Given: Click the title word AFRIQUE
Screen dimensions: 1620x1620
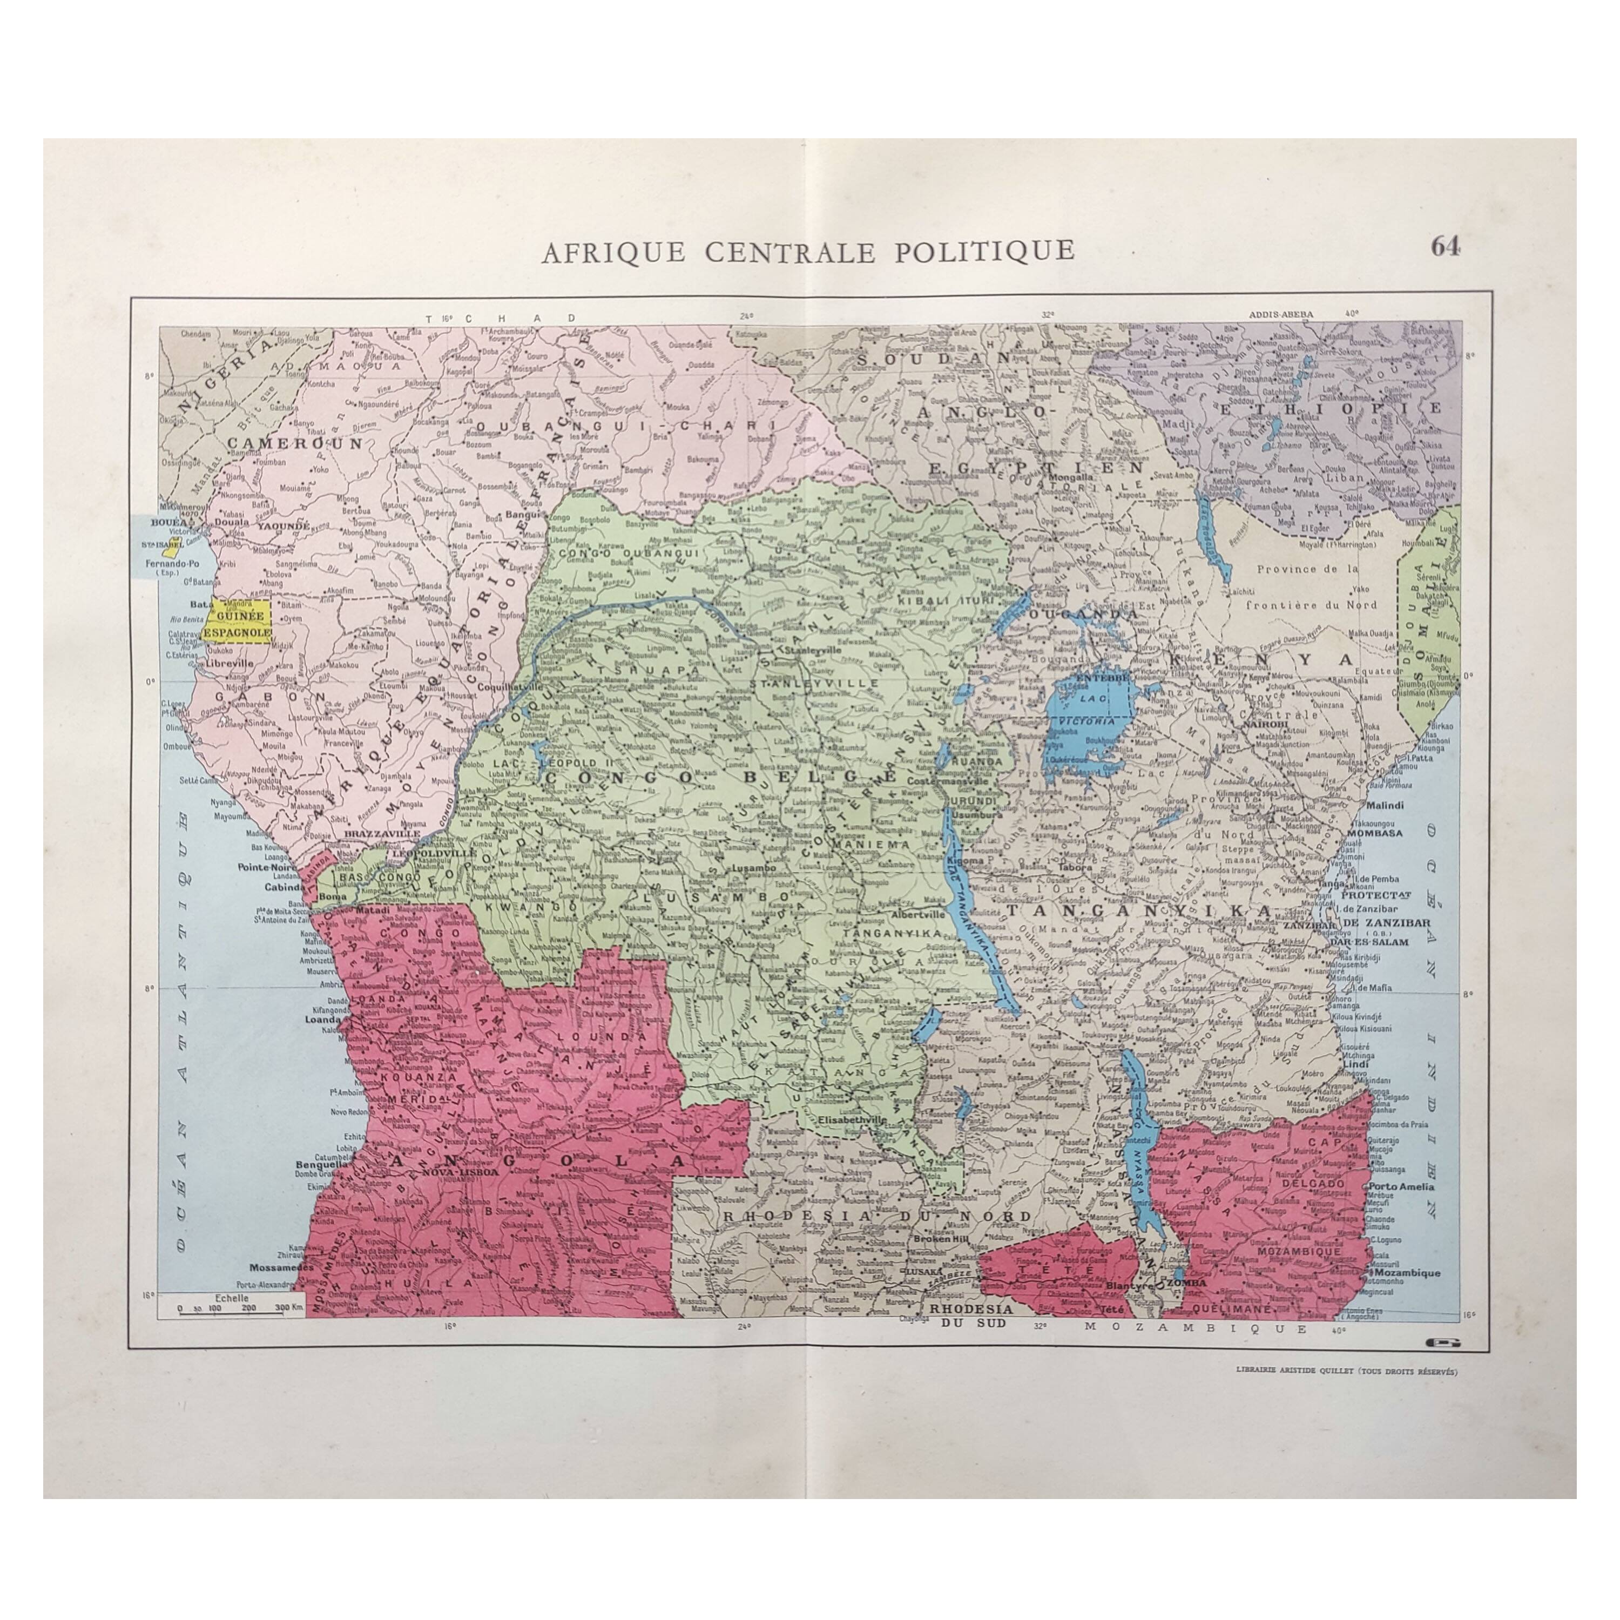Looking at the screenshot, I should (613, 252).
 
